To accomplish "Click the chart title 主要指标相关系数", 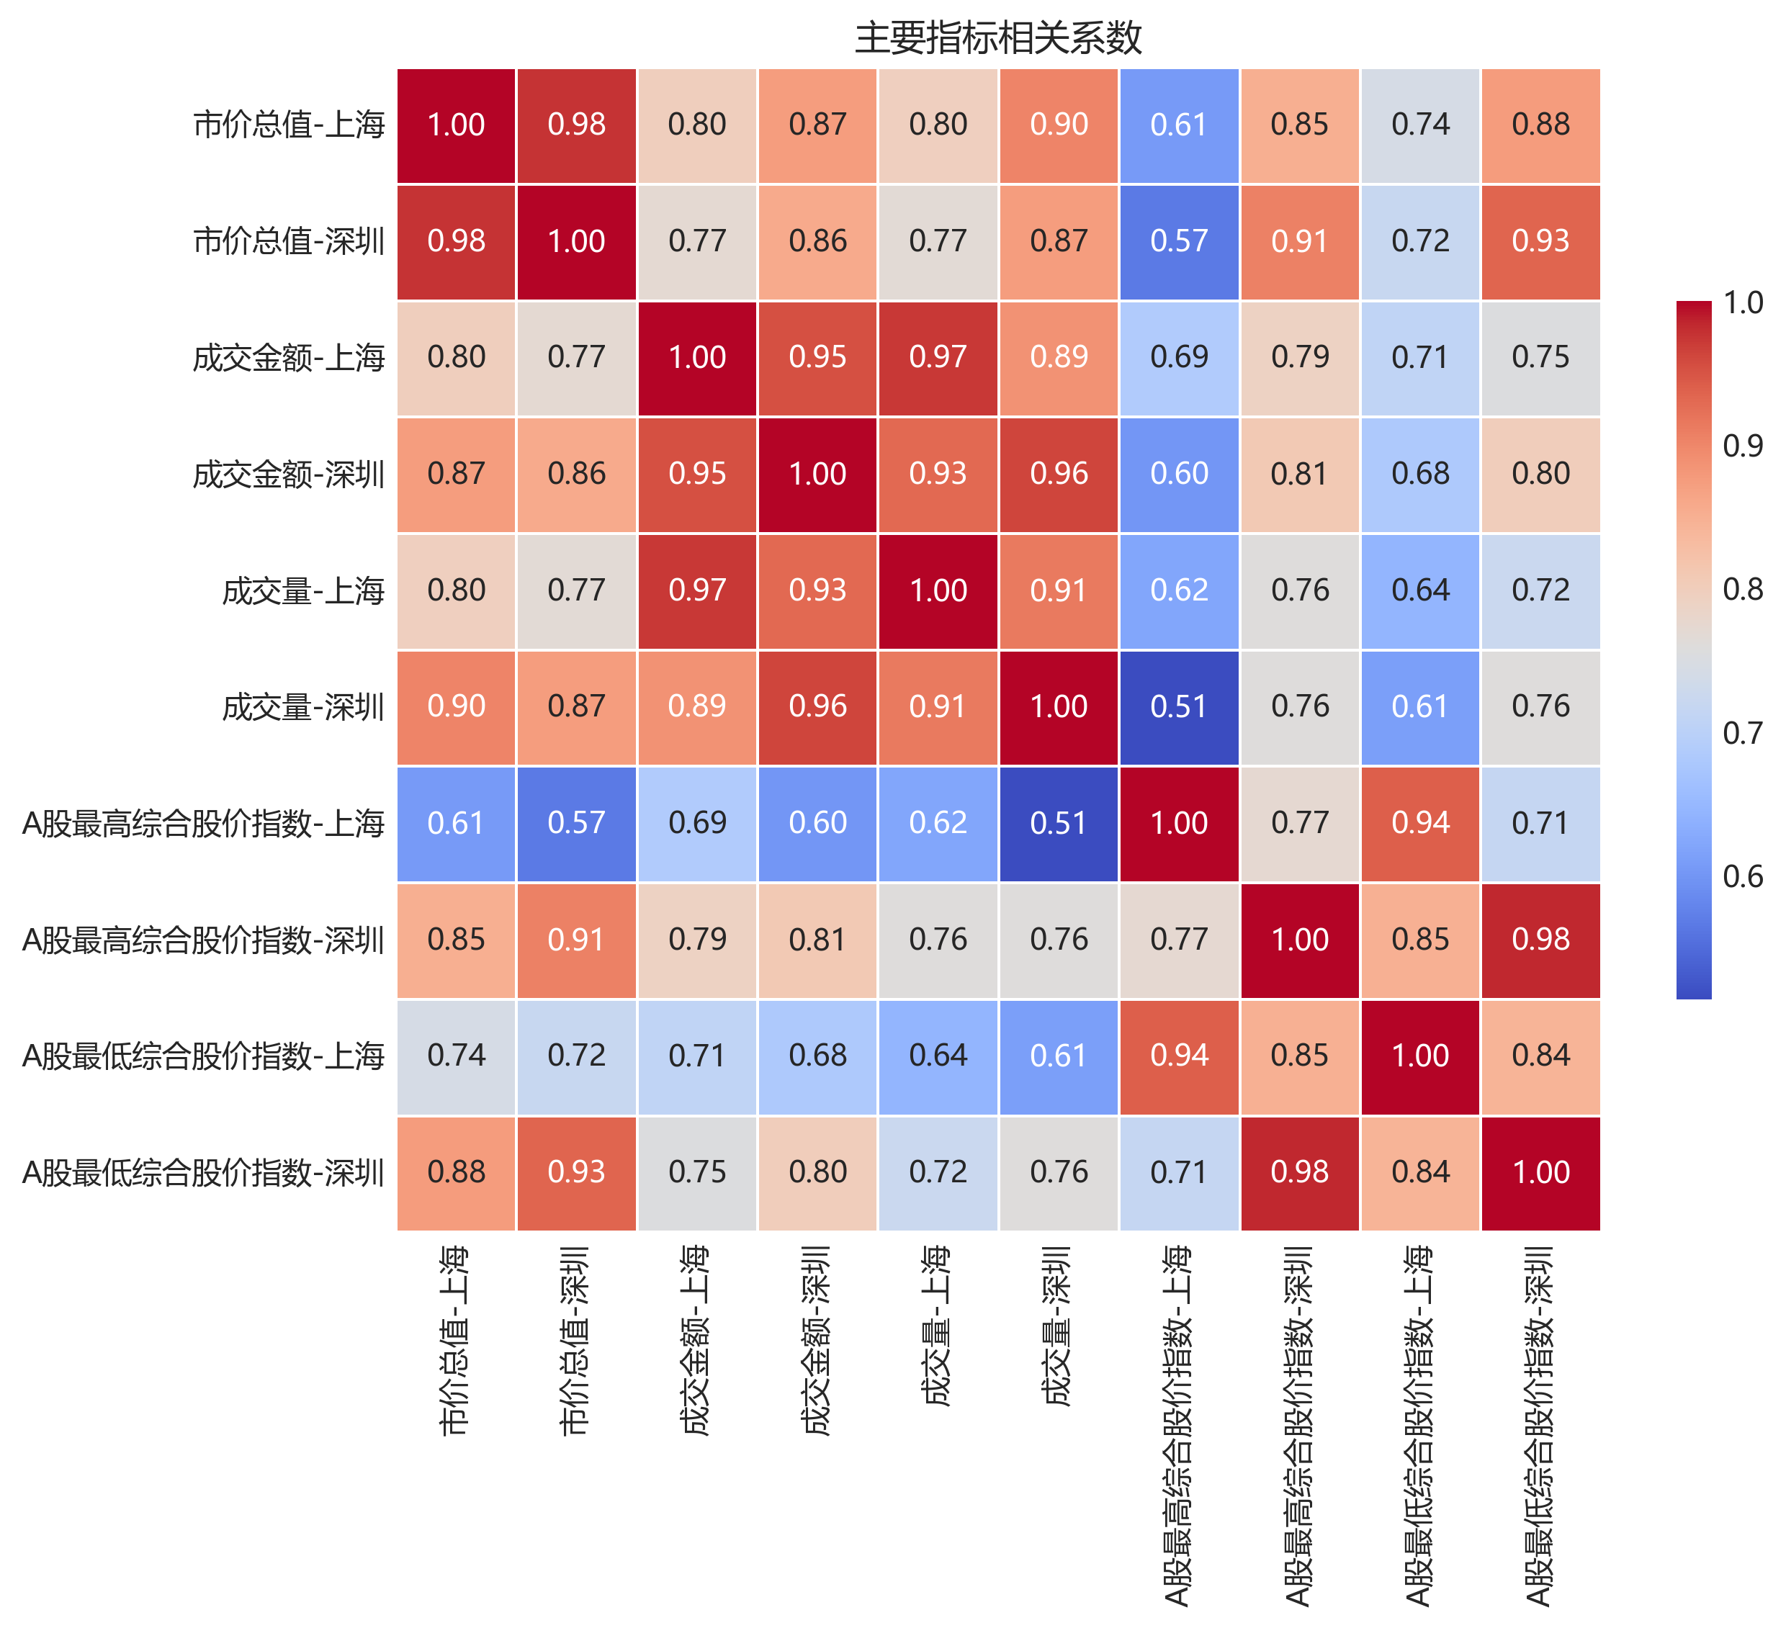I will pyautogui.click(x=998, y=38).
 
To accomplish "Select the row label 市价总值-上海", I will pyautogui.click(x=289, y=125).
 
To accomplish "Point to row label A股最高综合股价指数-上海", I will pyautogui.click(x=203, y=824).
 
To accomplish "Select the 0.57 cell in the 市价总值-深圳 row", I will pyautogui.click(x=1179, y=241).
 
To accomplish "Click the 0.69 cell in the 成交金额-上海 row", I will pyautogui.click(x=1179, y=357).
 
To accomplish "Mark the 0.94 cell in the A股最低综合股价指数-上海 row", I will pyautogui.click(x=1179, y=1056).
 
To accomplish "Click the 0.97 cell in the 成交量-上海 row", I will pyautogui.click(x=697, y=590).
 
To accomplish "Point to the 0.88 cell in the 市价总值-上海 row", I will pyautogui.click(x=1540, y=125).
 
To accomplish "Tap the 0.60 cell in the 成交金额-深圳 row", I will pyautogui.click(x=1179, y=474).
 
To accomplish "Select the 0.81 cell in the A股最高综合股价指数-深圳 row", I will pyautogui.click(x=817, y=940).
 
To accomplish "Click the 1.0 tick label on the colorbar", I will pyautogui.click(x=1741, y=303).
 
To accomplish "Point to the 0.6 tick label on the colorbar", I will pyautogui.click(x=1741, y=877).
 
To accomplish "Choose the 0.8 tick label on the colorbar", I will pyautogui.click(x=1741, y=590).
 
